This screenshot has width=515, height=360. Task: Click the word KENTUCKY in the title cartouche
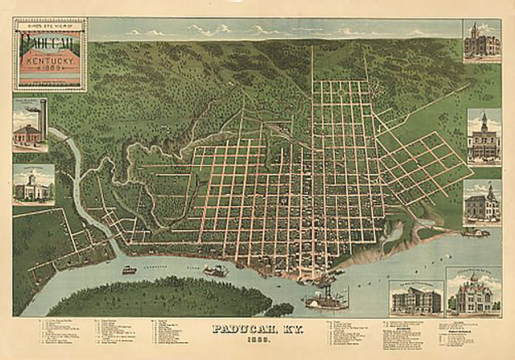(x=50, y=59)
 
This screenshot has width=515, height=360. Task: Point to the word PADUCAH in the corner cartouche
(x=50, y=41)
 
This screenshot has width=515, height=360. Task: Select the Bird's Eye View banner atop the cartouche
(x=50, y=25)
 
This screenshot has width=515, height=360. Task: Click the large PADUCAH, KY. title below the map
(x=257, y=330)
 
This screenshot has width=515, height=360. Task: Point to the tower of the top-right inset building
(x=474, y=30)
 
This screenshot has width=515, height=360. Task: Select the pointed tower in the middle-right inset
(x=484, y=121)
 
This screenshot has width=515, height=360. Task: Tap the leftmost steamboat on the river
(x=129, y=269)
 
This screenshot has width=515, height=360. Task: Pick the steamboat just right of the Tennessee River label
(x=215, y=270)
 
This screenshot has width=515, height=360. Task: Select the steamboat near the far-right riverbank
(x=476, y=233)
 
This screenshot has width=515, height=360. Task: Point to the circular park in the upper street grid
(x=341, y=91)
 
